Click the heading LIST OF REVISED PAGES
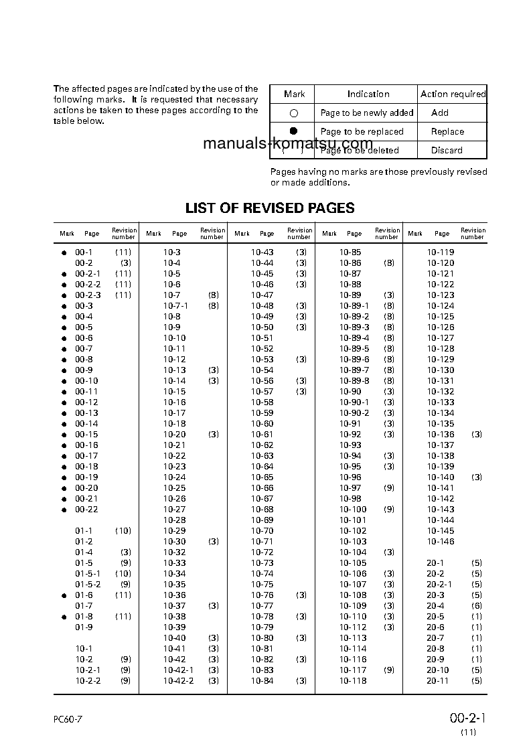[270, 208]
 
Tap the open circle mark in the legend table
[293, 114]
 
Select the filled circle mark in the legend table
[293, 131]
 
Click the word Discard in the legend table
[447, 150]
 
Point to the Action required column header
[453, 94]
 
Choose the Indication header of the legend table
[368, 94]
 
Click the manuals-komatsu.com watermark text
[288, 144]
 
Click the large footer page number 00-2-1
[467, 719]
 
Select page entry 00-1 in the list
[83, 252]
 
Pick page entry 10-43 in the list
[262, 252]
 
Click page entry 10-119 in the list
[441, 252]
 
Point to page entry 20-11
[438, 681]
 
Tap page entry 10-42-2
[179, 681]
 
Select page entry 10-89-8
[354, 381]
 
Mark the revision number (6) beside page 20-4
[476, 606]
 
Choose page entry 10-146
[441, 542]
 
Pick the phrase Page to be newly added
[366, 113]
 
